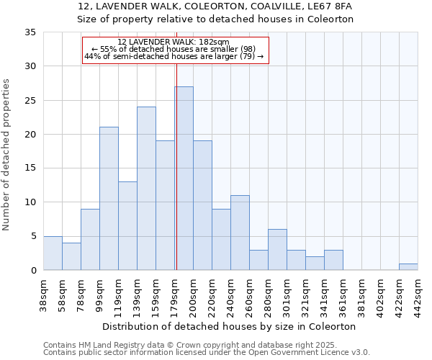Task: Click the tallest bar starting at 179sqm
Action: [x=184, y=179]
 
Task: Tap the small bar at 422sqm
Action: [x=408, y=267]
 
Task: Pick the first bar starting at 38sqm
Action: [x=53, y=253]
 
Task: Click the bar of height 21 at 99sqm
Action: [x=109, y=199]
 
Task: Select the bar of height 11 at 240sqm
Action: [x=240, y=233]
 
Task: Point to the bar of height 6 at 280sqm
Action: [x=277, y=250]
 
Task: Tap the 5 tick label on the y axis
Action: [x=33, y=236]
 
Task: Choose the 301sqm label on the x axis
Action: [x=287, y=294]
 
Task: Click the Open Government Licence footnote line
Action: [x=207, y=352]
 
